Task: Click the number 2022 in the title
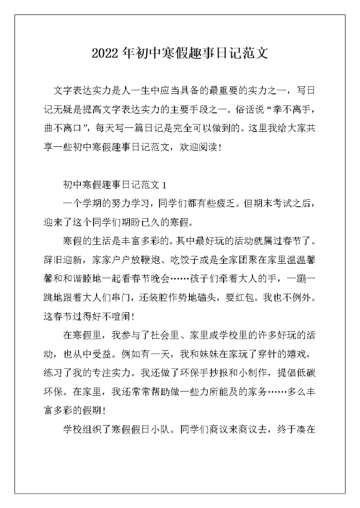point(105,53)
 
